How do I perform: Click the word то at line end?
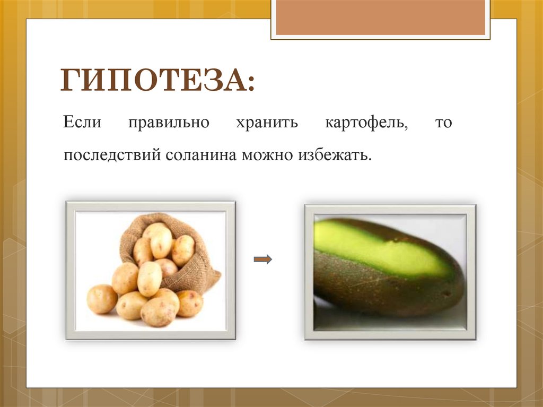click(443, 123)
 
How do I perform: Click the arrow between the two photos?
click(262, 259)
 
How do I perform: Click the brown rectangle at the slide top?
click(380, 17)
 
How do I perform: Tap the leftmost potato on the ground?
click(101, 298)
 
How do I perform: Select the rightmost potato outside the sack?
click(190, 303)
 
